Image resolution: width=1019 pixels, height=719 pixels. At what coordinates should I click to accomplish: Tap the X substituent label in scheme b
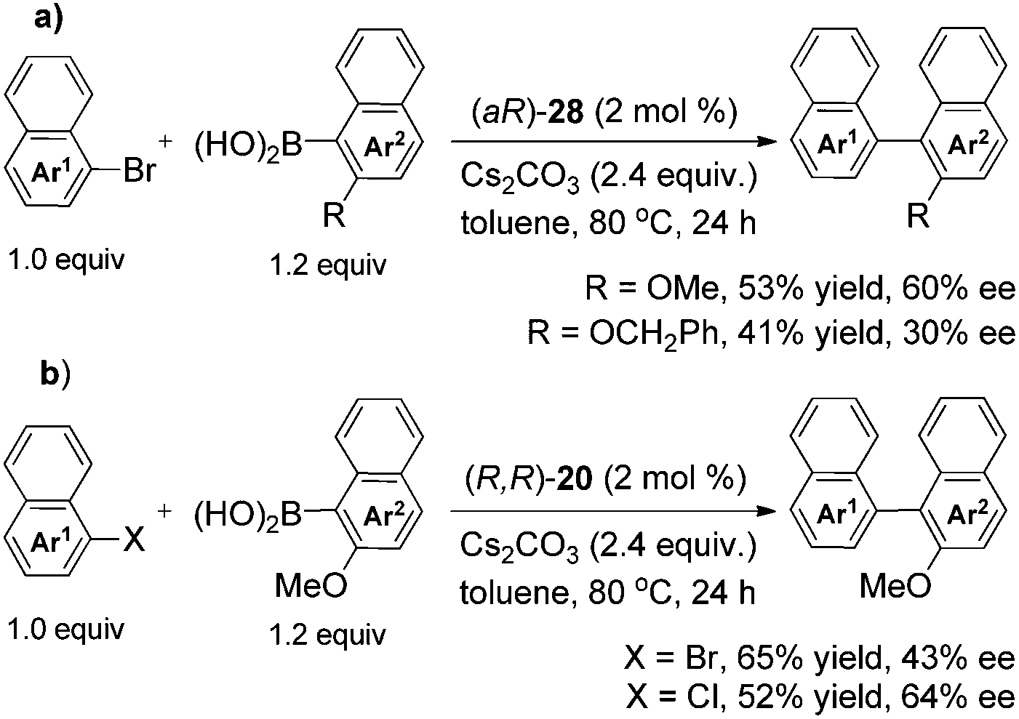134,542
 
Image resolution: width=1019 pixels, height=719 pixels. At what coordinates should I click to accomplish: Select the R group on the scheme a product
919,216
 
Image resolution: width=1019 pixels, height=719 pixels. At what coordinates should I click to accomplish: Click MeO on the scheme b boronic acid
311,585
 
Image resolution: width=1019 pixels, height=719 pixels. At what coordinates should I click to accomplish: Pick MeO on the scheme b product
895,585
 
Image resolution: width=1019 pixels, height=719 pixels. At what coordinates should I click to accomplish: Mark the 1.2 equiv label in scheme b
327,635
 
